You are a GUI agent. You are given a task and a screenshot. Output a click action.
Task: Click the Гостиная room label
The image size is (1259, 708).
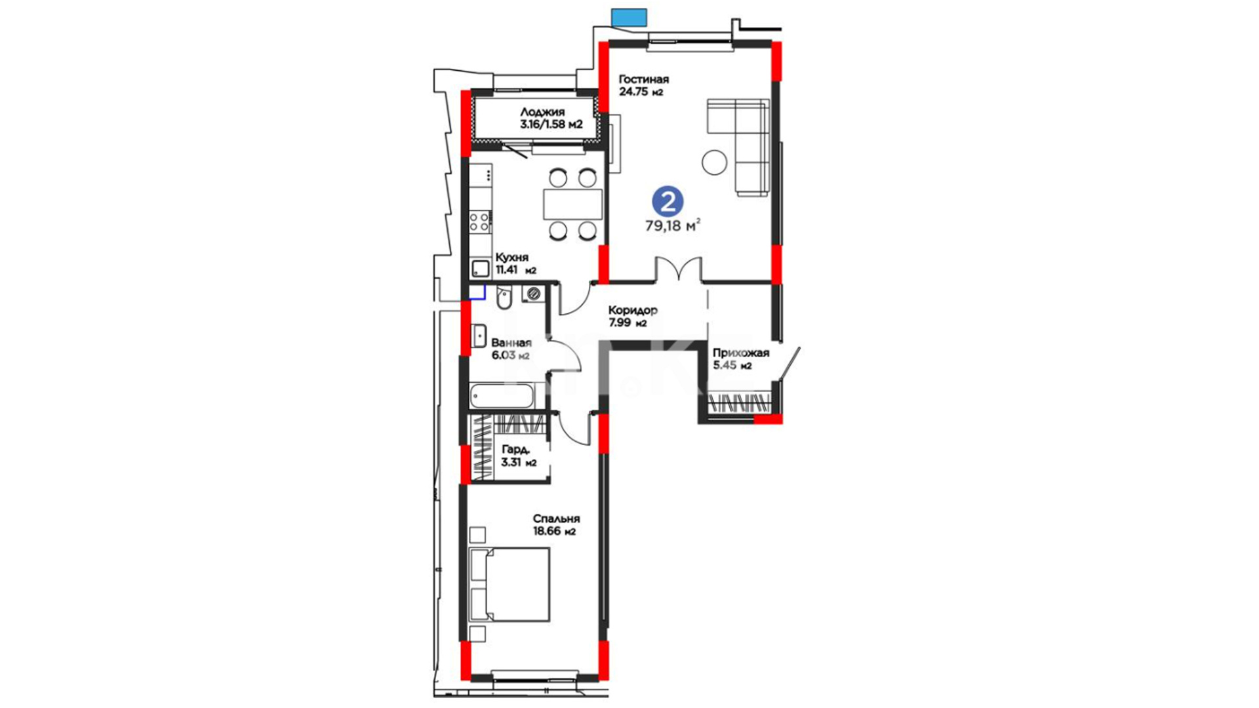tap(643, 79)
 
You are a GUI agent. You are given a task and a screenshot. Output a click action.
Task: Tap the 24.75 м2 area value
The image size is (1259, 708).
tap(641, 92)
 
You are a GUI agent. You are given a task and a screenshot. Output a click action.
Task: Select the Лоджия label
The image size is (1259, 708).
tap(542, 112)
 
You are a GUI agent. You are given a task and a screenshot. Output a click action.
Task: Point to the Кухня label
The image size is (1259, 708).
tap(511, 258)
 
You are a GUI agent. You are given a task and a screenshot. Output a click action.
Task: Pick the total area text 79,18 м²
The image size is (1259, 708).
tap(673, 226)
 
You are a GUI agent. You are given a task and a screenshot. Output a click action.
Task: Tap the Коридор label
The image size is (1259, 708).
tap(632, 310)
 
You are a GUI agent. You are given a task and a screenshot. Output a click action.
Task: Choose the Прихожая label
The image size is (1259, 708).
tap(741, 353)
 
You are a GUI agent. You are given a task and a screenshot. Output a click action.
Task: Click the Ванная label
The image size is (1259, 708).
tap(511, 343)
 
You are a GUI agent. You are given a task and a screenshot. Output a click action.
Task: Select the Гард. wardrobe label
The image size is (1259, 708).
tap(515, 450)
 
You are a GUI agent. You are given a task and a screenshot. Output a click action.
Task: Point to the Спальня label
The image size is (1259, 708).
tap(556, 519)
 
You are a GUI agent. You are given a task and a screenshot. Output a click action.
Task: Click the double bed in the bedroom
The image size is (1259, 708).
tap(510, 585)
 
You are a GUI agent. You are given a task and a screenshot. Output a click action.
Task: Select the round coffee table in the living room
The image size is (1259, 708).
tap(714, 162)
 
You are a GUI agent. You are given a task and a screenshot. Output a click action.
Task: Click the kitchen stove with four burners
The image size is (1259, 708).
tap(480, 222)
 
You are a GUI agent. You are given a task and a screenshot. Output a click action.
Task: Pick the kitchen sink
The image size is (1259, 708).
tap(481, 268)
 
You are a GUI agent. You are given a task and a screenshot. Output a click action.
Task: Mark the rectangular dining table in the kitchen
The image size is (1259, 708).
tap(572, 204)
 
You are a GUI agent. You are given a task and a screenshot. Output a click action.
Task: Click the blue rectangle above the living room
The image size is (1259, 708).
tap(629, 17)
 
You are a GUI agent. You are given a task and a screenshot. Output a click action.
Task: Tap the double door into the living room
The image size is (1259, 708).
tap(679, 269)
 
